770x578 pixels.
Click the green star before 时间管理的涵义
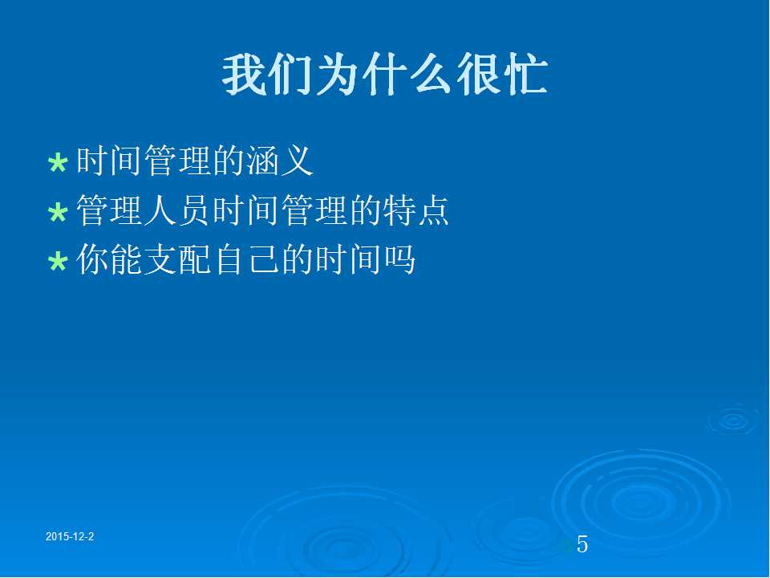click(x=58, y=163)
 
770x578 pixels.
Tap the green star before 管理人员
click(x=58, y=212)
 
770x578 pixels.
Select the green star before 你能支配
click(x=58, y=261)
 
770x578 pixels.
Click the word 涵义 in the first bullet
click(x=279, y=161)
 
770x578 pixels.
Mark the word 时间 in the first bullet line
click(x=110, y=161)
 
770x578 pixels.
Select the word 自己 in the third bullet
click(x=246, y=259)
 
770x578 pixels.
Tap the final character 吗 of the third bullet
click(x=399, y=259)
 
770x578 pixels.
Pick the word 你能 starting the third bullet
click(x=110, y=259)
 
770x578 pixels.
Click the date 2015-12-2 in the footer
click(x=70, y=537)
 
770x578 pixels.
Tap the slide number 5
click(x=582, y=544)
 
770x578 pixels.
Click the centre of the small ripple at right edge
click(x=734, y=420)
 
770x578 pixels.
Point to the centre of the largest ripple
click(x=640, y=501)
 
